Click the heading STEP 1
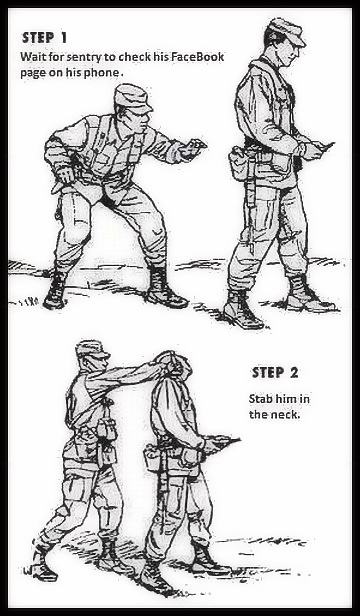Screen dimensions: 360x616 44,38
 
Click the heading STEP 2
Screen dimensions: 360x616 275,373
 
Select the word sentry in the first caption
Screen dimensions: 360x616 84,57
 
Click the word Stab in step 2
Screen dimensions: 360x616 261,399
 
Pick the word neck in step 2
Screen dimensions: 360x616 287,414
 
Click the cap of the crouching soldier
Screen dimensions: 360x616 131,96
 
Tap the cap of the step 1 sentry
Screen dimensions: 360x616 284,31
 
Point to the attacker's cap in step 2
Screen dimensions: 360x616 92,349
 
